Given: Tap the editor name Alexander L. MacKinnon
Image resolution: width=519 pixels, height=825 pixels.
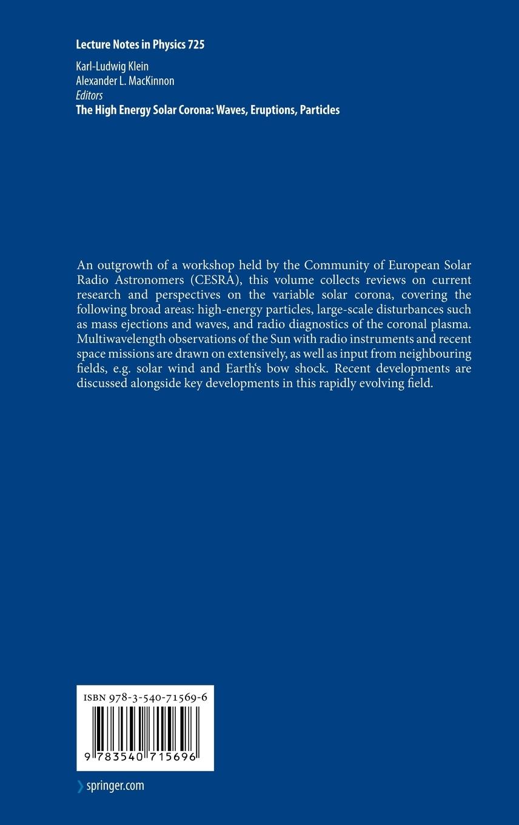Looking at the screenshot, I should click(x=125, y=81).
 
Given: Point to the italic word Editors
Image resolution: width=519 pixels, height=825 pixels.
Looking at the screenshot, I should click(x=89, y=95).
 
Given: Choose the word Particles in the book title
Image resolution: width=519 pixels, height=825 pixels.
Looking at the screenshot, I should click(x=320, y=110).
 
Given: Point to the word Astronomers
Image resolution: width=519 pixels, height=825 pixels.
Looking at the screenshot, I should click(x=147, y=281).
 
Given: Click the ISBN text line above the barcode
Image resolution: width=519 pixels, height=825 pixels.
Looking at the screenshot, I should click(x=145, y=698).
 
